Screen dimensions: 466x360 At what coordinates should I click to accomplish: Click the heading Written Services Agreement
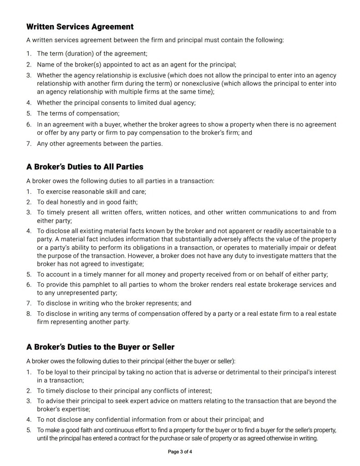(x=80, y=27)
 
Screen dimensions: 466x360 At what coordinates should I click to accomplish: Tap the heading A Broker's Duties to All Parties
(x=85, y=167)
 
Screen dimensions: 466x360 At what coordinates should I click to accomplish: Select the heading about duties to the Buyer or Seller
(x=100, y=347)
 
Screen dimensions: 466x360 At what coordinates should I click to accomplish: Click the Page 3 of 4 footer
(x=180, y=452)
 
